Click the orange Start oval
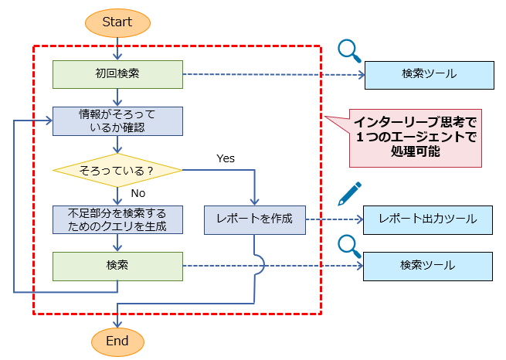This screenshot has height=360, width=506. point(117,22)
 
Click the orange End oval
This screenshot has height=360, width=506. point(117,341)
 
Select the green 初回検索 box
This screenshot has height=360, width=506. point(117,74)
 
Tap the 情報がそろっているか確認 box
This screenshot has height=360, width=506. point(117,121)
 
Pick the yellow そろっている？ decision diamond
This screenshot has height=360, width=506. point(117,168)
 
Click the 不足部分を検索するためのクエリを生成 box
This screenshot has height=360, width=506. point(117,219)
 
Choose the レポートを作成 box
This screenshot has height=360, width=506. point(254,219)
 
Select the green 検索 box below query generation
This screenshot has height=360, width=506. point(117,266)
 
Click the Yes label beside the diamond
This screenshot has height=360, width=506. point(226,158)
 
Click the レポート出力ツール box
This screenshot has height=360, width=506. point(427,219)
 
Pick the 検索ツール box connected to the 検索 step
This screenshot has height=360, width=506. point(427,266)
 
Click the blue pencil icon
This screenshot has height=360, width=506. point(349,193)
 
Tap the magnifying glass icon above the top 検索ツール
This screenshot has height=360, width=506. point(349,51)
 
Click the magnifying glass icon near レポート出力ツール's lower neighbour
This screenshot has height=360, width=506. point(349,245)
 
